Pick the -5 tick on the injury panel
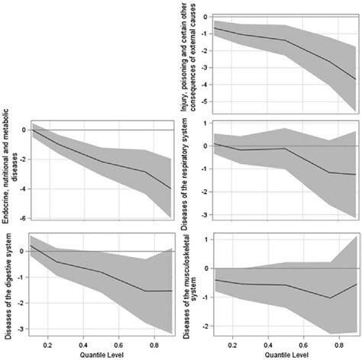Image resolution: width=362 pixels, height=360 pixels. (204, 102)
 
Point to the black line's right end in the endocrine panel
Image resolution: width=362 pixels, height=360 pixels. (170, 188)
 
